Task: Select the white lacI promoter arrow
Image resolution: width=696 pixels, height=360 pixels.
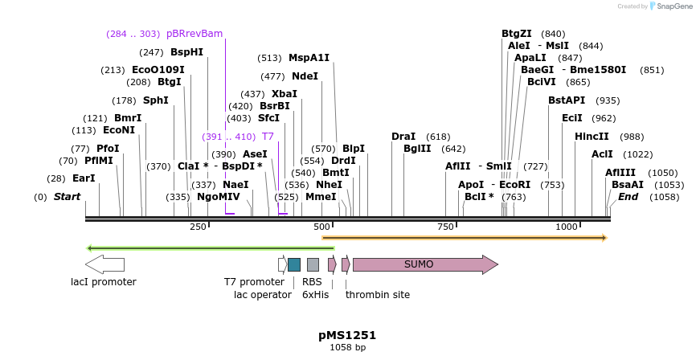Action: click(x=104, y=264)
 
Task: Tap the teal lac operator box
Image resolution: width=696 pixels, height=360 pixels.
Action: click(x=294, y=264)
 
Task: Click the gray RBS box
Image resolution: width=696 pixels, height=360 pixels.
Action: click(x=313, y=264)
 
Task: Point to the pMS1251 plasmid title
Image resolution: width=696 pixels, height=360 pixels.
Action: click(x=347, y=335)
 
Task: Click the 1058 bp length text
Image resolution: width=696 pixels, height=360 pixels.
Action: click(x=347, y=348)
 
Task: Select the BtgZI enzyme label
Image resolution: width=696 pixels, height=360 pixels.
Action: click(x=517, y=34)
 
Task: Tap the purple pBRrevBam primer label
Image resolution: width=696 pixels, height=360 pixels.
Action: click(x=194, y=34)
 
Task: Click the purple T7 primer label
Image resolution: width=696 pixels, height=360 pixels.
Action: click(x=268, y=137)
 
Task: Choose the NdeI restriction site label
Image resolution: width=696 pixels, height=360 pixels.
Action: click(x=305, y=76)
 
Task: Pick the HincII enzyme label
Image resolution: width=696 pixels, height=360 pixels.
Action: click(x=592, y=137)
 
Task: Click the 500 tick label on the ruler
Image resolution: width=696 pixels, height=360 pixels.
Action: click(x=322, y=227)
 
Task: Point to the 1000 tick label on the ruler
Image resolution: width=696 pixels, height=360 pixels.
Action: click(x=567, y=227)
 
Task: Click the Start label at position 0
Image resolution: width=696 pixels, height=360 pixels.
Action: click(x=67, y=197)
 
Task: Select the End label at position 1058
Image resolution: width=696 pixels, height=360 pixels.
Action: click(x=628, y=197)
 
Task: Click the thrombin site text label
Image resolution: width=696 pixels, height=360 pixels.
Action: click(x=377, y=295)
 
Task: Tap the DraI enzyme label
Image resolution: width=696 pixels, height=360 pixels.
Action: click(x=403, y=137)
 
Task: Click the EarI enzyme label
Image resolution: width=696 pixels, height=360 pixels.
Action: click(x=84, y=178)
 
